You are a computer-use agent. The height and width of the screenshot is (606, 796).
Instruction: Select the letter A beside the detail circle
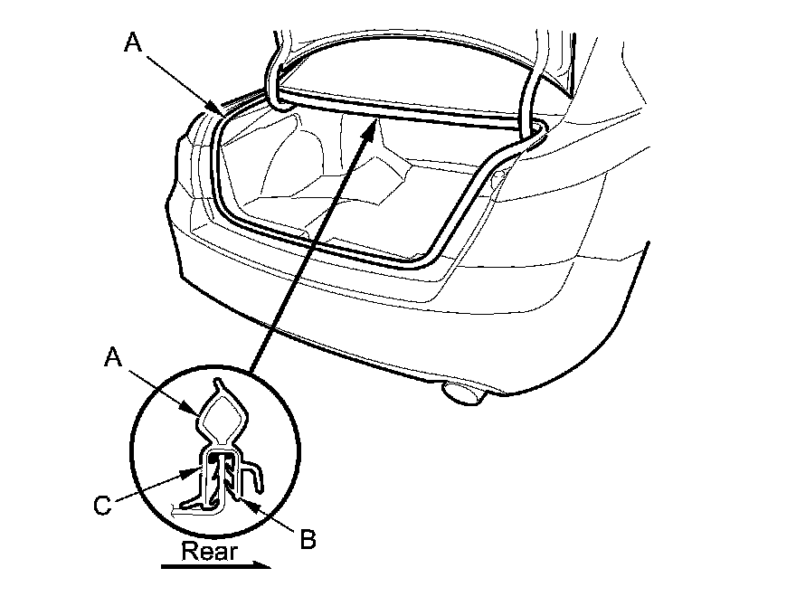(x=113, y=358)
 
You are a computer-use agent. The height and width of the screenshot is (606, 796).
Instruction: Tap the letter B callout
(x=307, y=540)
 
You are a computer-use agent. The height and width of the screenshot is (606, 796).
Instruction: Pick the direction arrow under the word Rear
(x=216, y=566)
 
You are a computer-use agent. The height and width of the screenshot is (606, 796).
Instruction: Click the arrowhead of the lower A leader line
(x=200, y=414)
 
